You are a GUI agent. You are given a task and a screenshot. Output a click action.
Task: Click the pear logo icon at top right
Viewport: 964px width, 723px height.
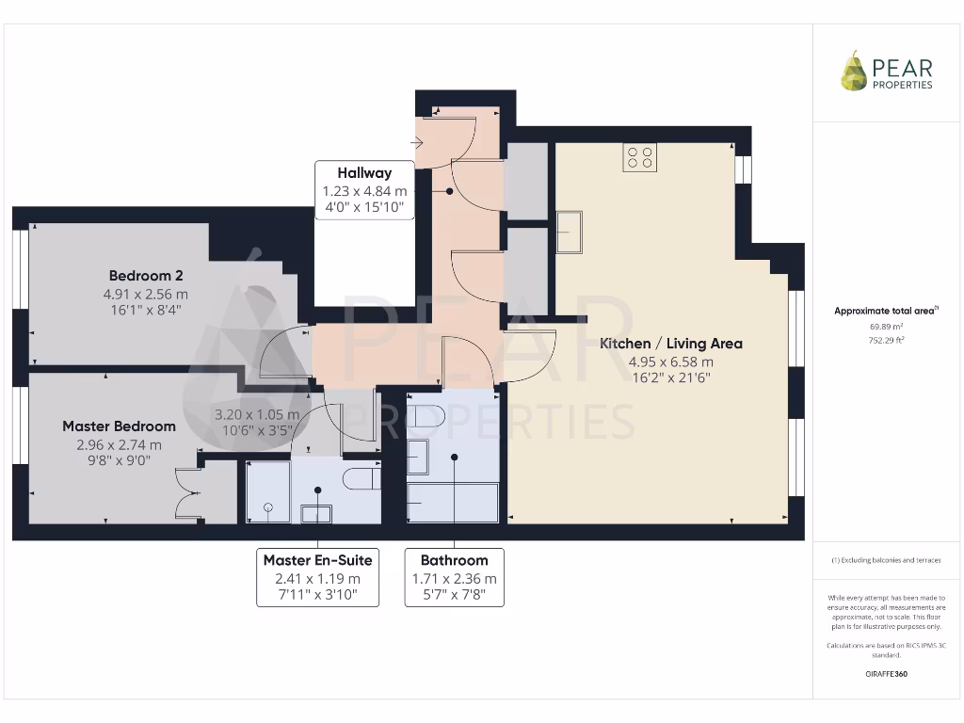click(x=854, y=71)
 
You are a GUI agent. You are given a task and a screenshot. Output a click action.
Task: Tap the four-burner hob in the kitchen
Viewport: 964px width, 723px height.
click(x=639, y=156)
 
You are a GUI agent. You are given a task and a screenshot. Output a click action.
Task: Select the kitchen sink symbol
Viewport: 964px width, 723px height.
click(x=569, y=233)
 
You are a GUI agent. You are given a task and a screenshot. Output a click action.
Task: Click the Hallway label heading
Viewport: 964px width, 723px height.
click(x=364, y=173)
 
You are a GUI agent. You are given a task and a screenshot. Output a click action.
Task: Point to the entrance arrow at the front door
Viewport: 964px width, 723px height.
click(x=417, y=143)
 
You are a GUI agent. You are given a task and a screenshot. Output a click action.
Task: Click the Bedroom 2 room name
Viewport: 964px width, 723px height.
click(x=146, y=276)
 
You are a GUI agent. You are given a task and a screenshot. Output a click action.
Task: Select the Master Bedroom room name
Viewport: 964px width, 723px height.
click(x=119, y=426)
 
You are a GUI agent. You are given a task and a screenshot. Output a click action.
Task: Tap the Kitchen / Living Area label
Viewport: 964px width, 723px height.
click(x=671, y=344)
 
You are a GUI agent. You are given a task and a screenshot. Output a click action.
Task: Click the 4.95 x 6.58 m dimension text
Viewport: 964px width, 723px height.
click(x=671, y=361)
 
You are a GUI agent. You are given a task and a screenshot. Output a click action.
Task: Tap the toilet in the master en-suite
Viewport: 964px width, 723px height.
click(x=361, y=478)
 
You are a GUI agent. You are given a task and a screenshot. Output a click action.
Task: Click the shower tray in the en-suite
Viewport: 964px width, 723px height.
click(x=268, y=491)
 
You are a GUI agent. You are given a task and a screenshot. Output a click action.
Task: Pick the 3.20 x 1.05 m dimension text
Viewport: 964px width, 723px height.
click(x=257, y=414)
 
